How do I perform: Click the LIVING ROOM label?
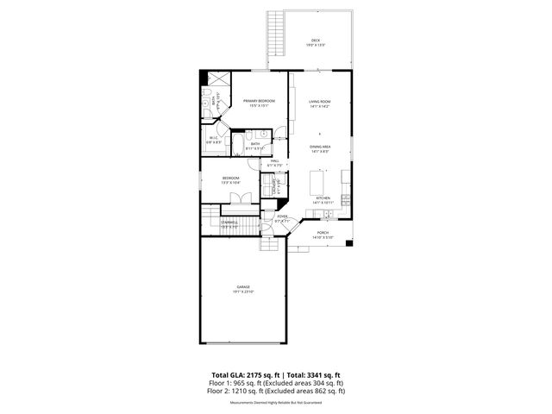(x=321, y=103)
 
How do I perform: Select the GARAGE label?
(x=243, y=288)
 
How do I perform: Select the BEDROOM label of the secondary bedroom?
(x=230, y=180)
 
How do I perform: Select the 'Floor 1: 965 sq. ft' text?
(x=237, y=383)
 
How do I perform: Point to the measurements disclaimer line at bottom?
(x=275, y=399)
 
